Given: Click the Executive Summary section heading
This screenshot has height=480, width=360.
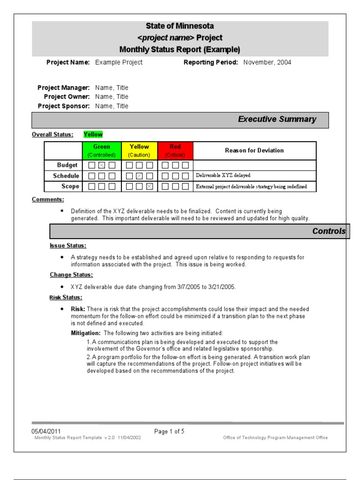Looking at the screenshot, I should tap(277, 120).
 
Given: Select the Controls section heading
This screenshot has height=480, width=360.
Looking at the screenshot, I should tap(329, 231).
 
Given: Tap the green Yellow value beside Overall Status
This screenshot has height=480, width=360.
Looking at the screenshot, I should tap(93, 135).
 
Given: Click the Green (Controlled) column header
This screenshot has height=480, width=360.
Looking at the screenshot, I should tap(102, 150).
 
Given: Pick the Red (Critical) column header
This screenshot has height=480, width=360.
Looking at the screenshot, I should tap(175, 150).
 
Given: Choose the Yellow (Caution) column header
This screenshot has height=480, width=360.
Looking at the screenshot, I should tap(139, 150).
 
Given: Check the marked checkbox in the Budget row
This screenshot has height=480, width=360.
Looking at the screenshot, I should tap(102, 165).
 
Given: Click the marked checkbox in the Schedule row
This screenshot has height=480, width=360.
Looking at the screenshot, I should tap(139, 176).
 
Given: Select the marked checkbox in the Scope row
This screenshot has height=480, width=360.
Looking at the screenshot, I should tap(149, 187).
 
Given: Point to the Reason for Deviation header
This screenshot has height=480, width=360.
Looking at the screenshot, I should tap(254, 150).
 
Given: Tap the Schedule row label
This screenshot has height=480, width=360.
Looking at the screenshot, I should tap(66, 176).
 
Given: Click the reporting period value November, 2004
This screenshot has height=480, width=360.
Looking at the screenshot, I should tap(267, 62).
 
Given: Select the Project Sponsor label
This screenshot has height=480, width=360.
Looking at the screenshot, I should tap(63, 106).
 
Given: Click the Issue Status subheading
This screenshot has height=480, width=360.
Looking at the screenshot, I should tap(68, 246).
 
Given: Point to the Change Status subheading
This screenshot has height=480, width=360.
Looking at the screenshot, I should tap(71, 275).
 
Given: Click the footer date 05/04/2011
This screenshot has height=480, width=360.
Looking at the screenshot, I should tap(46, 431).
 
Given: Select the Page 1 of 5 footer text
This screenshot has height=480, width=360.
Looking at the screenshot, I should tap(169, 431).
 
